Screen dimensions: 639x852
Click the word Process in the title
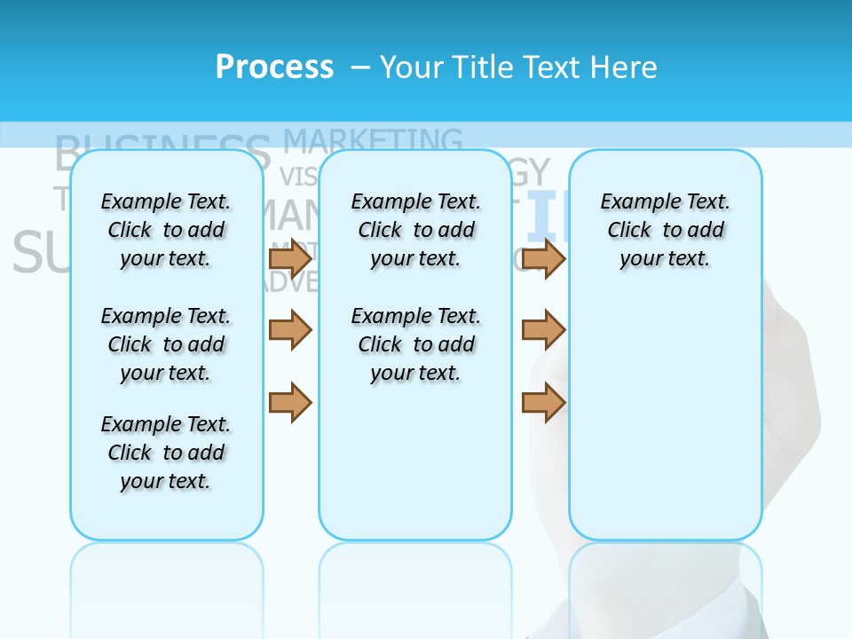274,67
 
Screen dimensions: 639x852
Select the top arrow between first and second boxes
290,258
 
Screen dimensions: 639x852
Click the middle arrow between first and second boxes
290,330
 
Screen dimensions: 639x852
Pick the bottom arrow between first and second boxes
290,401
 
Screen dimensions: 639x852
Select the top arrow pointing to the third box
544,258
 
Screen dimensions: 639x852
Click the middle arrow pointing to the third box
544,330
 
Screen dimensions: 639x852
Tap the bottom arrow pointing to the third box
544,401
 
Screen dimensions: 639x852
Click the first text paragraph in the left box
166,230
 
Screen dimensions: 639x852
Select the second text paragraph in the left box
166,344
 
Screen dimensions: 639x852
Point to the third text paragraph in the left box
166,453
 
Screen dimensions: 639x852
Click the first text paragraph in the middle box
415,230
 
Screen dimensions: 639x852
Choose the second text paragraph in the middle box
415,344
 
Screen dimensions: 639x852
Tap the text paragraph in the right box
665,230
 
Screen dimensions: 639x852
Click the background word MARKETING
373,140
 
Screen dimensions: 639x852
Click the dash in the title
360,67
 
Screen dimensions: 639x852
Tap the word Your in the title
413,67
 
